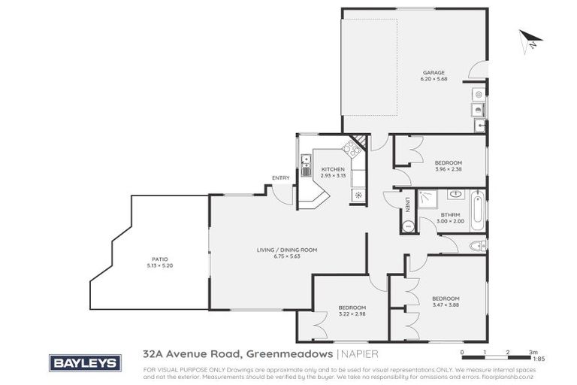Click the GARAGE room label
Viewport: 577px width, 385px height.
click(428, 72)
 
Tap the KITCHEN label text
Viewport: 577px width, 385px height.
click(333, 169)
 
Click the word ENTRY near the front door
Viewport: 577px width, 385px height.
click(281, 177)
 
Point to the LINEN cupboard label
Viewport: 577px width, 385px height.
click(407, 204)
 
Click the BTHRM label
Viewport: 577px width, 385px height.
click(450, 215)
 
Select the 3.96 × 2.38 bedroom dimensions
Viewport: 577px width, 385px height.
click(448, 169)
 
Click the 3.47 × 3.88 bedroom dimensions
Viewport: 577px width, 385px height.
click(446, 305)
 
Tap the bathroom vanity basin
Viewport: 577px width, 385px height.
click(455, 195)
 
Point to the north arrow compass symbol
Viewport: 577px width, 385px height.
click(529, 40)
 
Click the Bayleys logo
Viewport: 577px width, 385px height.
click(83, 362)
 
